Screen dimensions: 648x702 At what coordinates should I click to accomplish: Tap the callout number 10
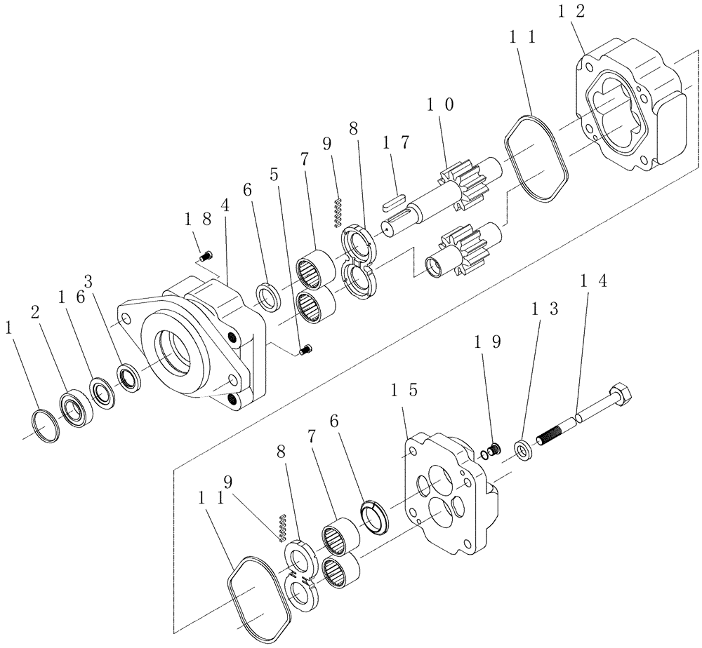(439, 105)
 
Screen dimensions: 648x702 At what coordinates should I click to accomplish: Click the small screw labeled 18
(206, 256)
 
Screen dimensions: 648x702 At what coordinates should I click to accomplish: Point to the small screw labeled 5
(306, 349)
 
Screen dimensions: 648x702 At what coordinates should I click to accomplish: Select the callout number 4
(224, 206)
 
